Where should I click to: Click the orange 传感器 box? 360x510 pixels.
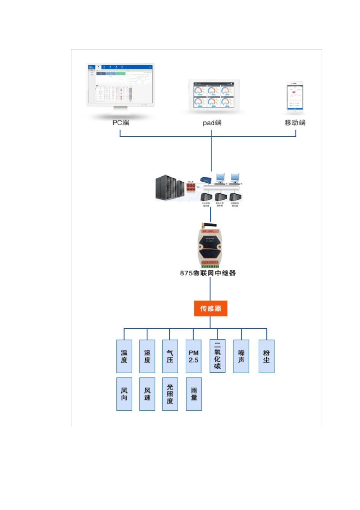[x=210, y=309]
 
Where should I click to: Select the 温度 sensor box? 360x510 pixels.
[x=124, y=356]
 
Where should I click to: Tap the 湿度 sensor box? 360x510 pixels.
[x=147, y=356]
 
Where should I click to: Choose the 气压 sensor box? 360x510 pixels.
[x=170, y=356]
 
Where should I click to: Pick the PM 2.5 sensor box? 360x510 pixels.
[x=194, y=356]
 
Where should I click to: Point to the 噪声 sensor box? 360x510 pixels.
[x=241, y=356]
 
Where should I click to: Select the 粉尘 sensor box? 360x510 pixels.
[x=266, y=356]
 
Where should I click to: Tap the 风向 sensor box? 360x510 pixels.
[x=124, y=394]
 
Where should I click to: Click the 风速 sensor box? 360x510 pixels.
[x=147, y=394]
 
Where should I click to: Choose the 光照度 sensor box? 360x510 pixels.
[x=170, y=394]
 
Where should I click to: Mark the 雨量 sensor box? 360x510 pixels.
[x=194, y=394]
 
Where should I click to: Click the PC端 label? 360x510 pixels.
[x=121, y=122]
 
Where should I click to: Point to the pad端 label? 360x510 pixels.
[x=212, y=123]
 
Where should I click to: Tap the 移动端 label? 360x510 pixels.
[x=295, y=122]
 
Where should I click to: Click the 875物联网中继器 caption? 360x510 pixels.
[x=208, y=273]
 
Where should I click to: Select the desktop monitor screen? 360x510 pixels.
[x=121, y=85]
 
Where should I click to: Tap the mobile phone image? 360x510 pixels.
[x=295, y=98]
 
